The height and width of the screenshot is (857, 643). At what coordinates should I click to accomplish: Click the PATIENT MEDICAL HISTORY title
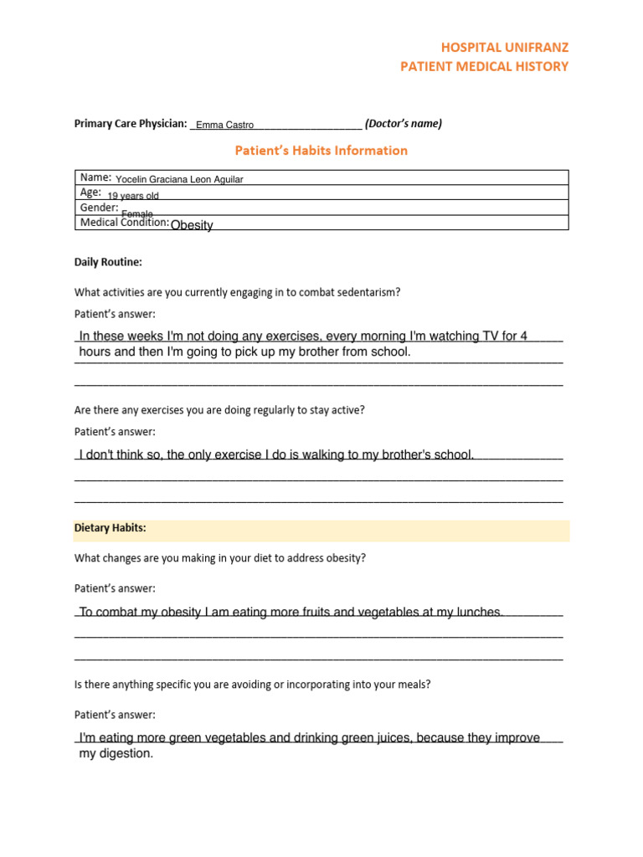click(484, 66)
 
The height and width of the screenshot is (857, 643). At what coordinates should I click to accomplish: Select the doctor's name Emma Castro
click(224, 125)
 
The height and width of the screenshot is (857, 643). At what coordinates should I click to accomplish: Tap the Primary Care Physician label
click(131, 124)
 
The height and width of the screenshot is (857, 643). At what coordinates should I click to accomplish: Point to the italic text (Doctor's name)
click(404, 124)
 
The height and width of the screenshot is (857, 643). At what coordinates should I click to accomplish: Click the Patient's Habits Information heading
click(321, 151)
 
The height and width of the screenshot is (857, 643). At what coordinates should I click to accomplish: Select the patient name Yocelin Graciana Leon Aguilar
click(179, 179)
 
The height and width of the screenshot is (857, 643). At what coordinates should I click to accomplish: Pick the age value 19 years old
click(133, 196)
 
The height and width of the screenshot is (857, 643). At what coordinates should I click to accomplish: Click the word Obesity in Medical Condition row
click(192, 225)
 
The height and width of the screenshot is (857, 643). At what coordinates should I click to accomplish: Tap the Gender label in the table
click(99, 208)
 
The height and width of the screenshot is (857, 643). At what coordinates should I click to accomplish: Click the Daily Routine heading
click(108, 262)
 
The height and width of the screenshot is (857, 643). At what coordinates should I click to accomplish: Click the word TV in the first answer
click(491, 336)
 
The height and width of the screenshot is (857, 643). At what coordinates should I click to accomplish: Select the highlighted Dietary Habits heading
click(111, 528)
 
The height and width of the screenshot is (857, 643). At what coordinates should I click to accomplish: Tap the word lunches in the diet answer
click(477, 613)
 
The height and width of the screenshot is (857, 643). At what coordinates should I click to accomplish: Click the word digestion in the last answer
click(126, 754)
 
